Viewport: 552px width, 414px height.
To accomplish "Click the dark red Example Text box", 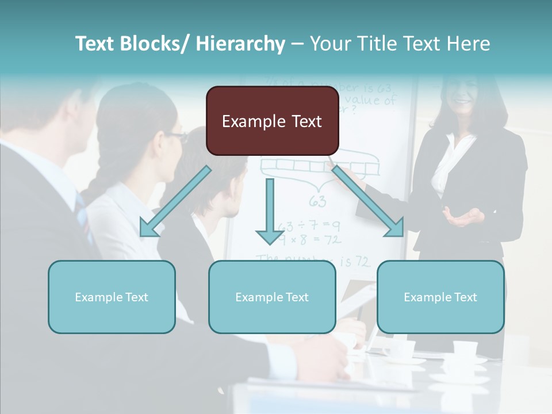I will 272,121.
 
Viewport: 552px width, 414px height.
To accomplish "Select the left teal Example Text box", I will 112,297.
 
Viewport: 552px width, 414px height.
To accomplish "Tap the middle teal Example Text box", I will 272,297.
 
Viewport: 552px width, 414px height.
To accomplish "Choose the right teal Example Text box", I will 440,297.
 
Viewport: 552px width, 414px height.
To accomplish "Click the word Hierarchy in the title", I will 240,44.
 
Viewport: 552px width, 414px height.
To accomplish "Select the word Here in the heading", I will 469,44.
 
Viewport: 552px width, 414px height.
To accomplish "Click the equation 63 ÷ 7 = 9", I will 309,225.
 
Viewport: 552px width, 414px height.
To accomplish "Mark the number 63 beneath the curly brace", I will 317,201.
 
